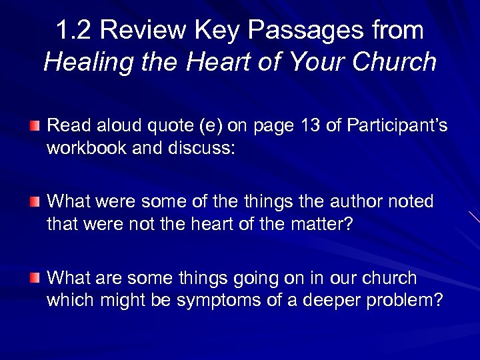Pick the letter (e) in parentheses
[x=203, y=125]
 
